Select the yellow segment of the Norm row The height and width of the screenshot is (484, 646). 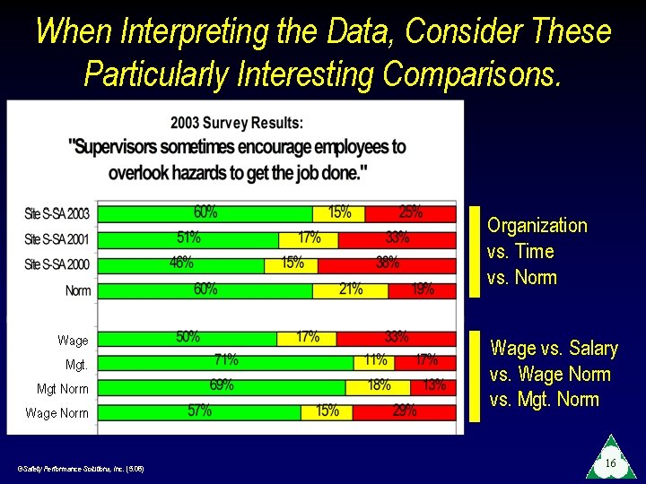(x=351, y=290)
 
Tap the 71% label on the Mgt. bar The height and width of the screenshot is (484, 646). (x=225, y=360)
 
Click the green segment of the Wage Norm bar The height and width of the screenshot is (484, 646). (x=197, y=411)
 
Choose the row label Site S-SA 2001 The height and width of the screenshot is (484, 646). (x=57, y=240)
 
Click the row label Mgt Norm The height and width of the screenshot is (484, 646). (x=62, y=389)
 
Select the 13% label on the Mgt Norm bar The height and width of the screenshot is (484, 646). (x=433, y=385)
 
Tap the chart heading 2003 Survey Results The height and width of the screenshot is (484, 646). (x=237, y=122)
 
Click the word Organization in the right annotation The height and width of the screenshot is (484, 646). (x=537, y=226)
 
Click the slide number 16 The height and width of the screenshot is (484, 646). (x=609, y=463)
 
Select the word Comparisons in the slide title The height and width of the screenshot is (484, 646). (x=473, y=73)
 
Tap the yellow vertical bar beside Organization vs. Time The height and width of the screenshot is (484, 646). (x=475, y=252)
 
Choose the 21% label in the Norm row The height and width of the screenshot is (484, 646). (x=351, y=289)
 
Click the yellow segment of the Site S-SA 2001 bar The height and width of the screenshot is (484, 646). (x=308, y=239)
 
